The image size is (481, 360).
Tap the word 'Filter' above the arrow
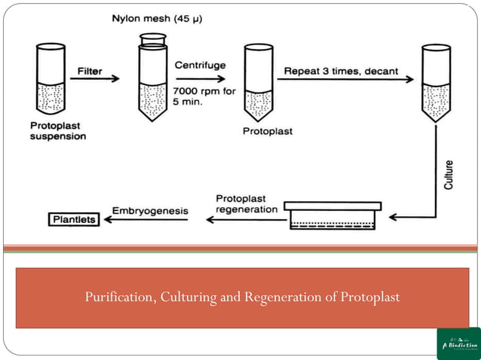pos(90,72)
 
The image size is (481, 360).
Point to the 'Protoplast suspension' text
pos(58,131)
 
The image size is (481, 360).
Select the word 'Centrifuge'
pos(199,66)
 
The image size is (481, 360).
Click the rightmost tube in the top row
pos(435,83)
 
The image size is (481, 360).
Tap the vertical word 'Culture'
pos(449,173)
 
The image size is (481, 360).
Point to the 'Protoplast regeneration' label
pos(247,203)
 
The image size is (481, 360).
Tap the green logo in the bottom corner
pos(458,343)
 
